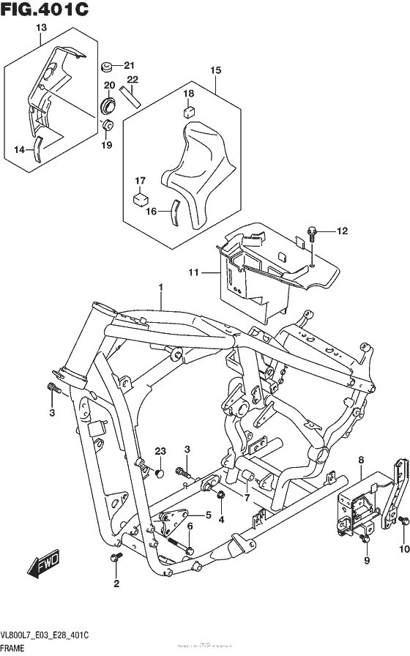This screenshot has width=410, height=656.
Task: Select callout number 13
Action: click(x=40, y=27)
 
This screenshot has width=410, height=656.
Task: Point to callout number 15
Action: click(x=215, y=70)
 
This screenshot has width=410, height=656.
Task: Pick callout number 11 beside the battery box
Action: click(x=193, y=273)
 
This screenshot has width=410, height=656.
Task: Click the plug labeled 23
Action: click(x=158, y=474)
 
